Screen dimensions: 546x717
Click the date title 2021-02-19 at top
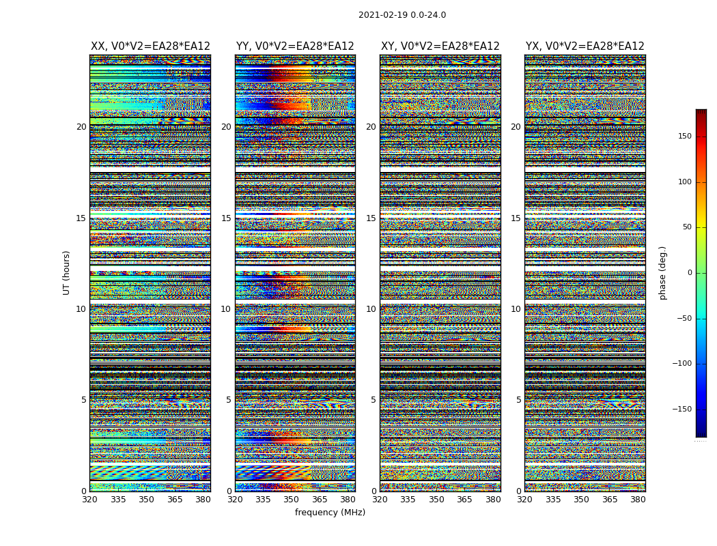tap(402, 15)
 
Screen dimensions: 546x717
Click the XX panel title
tap(150, 46)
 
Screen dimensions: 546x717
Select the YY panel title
tap(295, 46)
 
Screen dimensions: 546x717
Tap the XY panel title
tap(440, 46)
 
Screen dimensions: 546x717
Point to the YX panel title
tap(585, 46)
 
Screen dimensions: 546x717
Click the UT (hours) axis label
tap(67, 272)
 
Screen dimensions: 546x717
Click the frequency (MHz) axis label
tap(330, 513)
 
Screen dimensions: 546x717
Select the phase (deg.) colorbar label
tap(662, 272)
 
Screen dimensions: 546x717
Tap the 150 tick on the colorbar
tap(684, 136)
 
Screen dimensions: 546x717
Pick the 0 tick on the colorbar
tap(690, 273)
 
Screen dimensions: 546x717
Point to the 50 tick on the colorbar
tap(687, 227)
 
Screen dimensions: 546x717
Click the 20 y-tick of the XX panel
tap(81, 127)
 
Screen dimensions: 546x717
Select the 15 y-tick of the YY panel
tap(226, 218)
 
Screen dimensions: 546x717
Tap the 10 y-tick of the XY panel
tap(371, 309)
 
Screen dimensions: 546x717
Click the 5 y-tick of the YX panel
tap(518, 400)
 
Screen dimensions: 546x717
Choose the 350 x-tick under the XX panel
tap(146, 500)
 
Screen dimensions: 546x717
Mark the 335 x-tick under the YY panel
tap(263, 500)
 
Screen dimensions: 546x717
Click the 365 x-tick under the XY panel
tap(464, 500)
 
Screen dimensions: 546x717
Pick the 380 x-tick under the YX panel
tap(638, 500)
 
